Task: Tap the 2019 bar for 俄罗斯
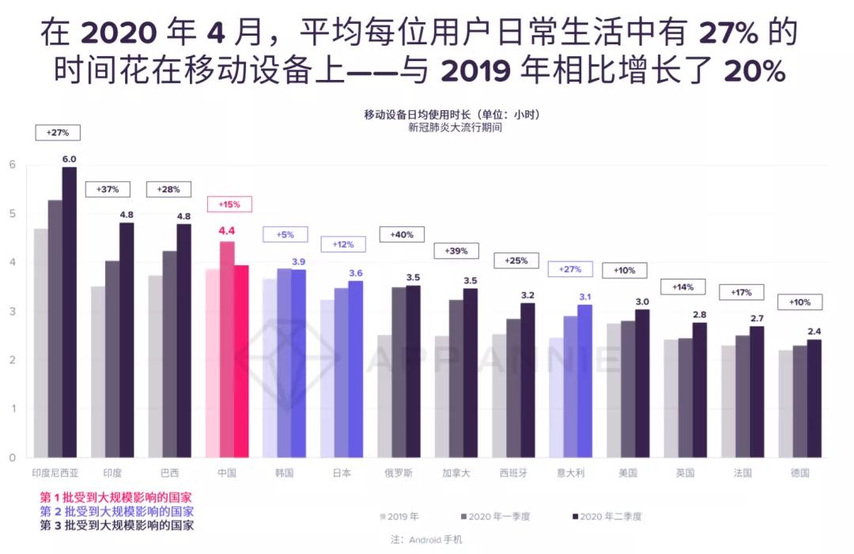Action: tap(384, 396)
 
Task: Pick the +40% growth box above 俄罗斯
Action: tap(402, 234)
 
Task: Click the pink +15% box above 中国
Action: tap(229, 204)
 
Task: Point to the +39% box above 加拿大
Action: tap(456, 251)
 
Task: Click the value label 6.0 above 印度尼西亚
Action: tap(70, 158)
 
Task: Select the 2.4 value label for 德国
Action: tap(814, 332)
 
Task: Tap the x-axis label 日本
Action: tap(342, 472)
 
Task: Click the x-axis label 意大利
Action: tap(570, 472)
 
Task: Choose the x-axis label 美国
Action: tap(628, 472)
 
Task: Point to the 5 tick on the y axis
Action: tap(12, 214)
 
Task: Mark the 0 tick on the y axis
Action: tap(12, 457)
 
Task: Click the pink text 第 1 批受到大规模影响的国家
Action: tap(116, 497)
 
